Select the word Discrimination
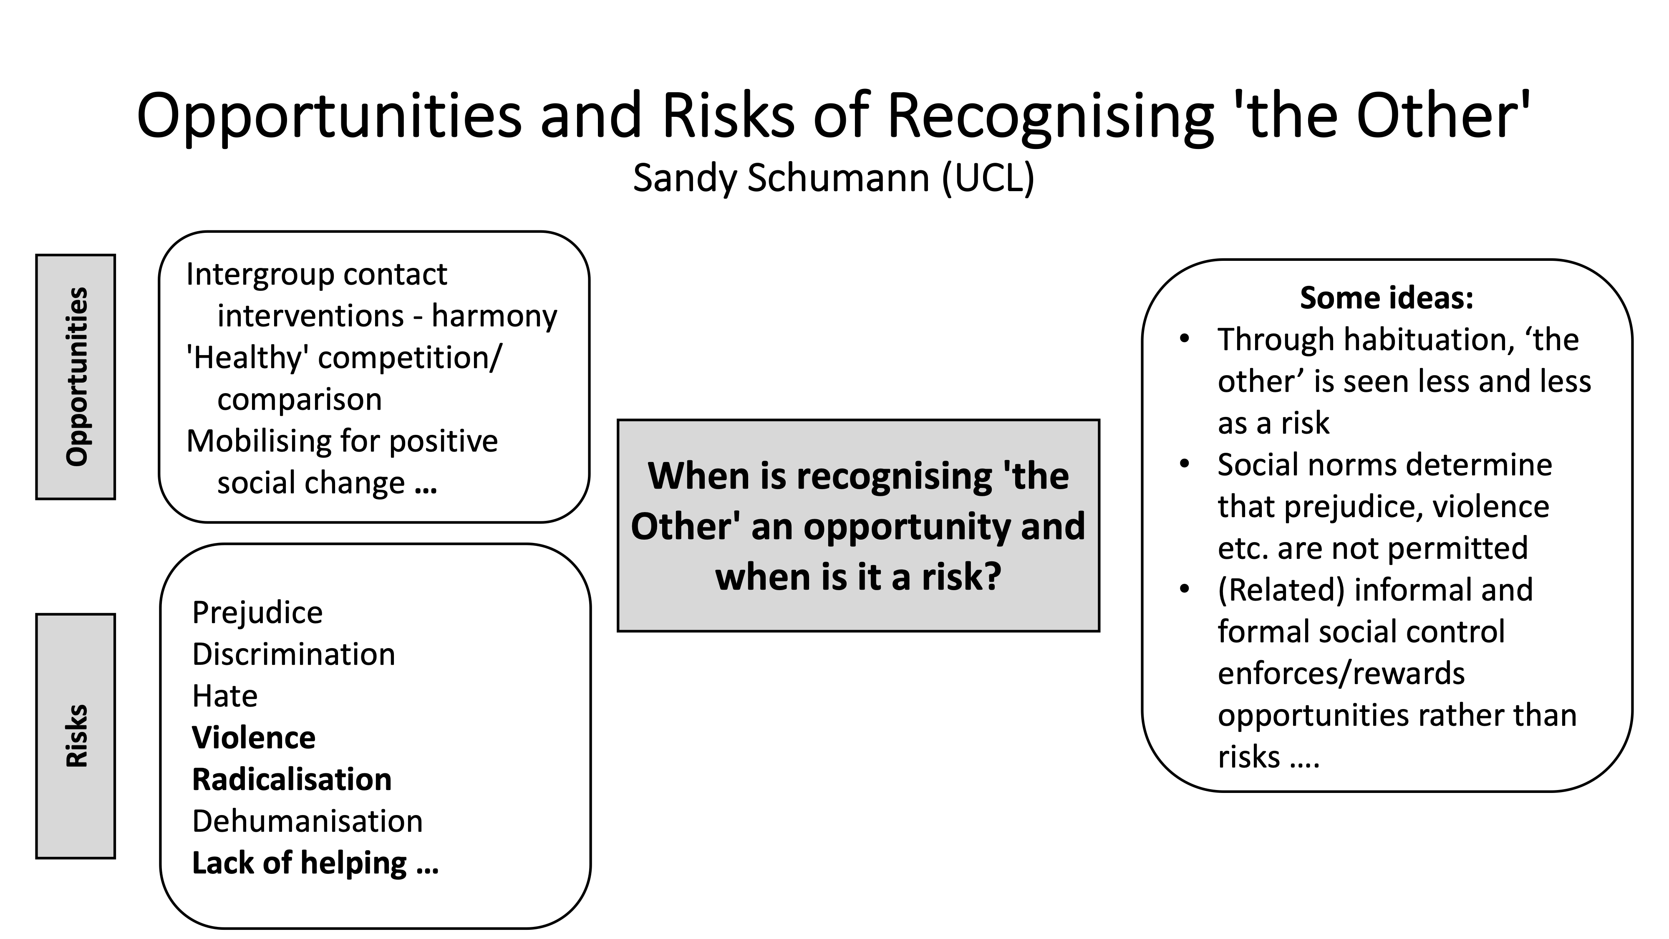[293, 654]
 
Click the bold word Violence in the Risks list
[253, 737]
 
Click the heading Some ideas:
[1387, 298]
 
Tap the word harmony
[494, 316]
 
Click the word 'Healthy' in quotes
[246, 358]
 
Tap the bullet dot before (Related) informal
[1185, 589]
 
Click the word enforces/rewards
[1341, 673]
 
